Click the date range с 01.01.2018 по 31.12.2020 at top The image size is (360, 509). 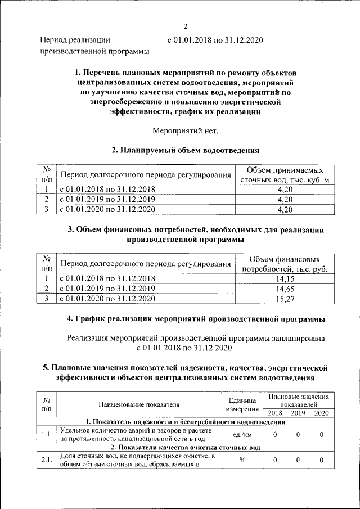click(x=215, y=40)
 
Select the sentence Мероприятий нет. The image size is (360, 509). click(x=185, y=131)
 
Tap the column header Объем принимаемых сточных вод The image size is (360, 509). click(x=285, y=175)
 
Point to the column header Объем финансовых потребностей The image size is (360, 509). click(x=285, y=264)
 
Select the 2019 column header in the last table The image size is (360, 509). click(x=298, y=413)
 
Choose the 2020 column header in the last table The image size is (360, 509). click(x=321, y=413)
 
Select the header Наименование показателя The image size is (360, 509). click(x=139, y=404)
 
